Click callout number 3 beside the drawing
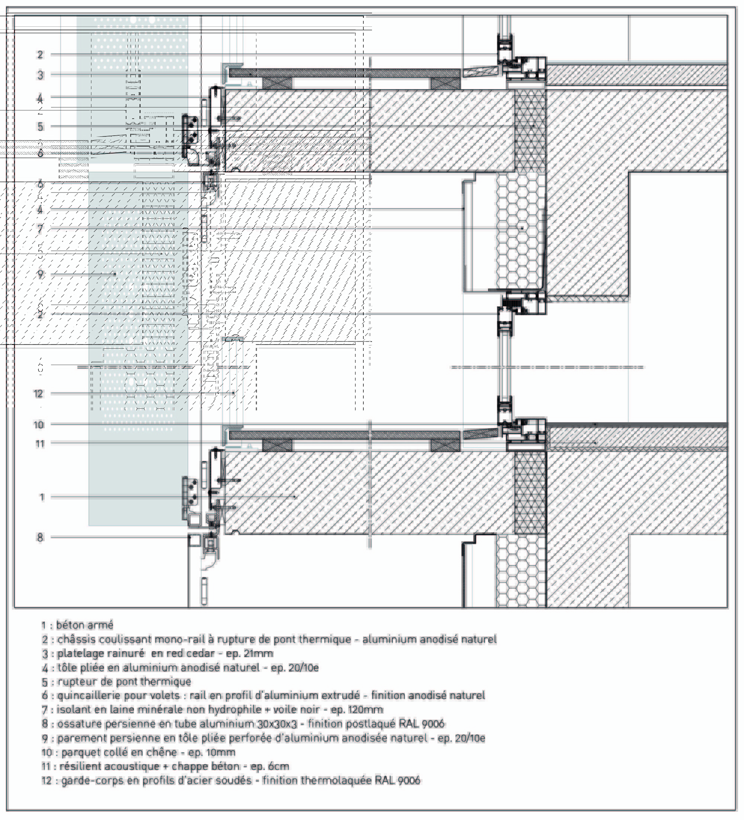[40, 75]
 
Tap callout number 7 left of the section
[40, 229]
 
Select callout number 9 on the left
[40, 275]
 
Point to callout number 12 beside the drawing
[38, 394]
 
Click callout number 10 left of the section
[39, 425]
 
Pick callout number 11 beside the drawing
[39, 444]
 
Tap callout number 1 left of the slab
[42, 497]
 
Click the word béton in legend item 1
[70, 625]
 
